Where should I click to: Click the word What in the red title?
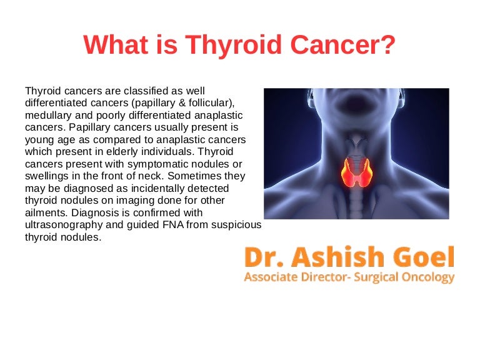click(116, 44)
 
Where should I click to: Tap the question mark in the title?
click(387, 44)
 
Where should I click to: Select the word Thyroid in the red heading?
click(233, 45)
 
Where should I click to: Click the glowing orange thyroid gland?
click(357, 172)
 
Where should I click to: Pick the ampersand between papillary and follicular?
click(182, 103)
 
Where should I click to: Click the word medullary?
click(48, 116)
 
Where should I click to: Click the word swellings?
click(46, 176)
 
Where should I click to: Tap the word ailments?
click(46, 212)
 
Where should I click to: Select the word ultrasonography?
click(64, 225)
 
